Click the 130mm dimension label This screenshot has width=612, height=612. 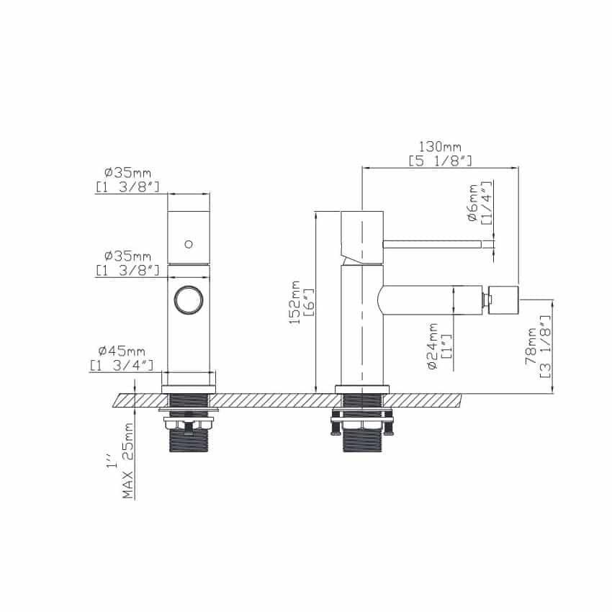coord(440,147)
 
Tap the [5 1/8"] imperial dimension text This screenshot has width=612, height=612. coord(440,161)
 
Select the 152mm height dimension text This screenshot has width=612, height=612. coord(294,302)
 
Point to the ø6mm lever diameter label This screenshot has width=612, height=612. coord(472,203)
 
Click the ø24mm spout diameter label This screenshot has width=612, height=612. coord(433,346)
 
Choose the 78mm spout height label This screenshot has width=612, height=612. coord(531,346)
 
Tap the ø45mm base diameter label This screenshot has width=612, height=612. coord(122,351)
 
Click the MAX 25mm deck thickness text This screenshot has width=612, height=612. coord(127,461)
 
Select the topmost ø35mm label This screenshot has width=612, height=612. coord(127,172)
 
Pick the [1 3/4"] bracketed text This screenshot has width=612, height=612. coord(122,365)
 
